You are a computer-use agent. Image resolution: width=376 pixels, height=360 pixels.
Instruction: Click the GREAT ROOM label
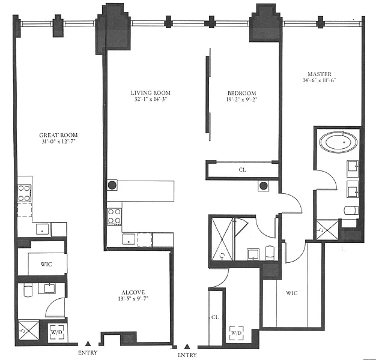point(58,135)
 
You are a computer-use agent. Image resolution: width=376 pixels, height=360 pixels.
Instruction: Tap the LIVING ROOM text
point(151,93)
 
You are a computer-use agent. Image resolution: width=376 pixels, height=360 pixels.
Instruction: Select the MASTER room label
point(320,74)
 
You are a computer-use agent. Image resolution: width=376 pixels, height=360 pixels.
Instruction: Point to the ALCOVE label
point(133,292)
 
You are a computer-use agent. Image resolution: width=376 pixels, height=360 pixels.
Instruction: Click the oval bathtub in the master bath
point(339,142)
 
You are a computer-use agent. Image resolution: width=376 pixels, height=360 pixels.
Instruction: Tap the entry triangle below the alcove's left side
point(88,344)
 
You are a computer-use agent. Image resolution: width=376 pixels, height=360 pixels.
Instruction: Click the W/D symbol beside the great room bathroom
point(57,332)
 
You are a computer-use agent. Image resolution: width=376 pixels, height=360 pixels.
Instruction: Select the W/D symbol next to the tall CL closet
point(237,333)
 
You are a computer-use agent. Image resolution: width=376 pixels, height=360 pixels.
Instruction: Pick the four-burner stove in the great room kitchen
point(24,193)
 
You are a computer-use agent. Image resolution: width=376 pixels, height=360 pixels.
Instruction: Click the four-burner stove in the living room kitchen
point(114,216)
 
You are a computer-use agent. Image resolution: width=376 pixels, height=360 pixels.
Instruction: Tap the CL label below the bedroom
point(243,170)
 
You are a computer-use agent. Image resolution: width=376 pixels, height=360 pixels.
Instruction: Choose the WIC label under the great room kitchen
point(46,264)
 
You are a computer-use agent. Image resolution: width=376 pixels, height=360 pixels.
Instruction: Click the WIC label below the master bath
point(292,293)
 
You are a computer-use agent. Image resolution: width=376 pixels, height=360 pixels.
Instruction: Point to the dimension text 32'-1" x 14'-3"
point(150,99)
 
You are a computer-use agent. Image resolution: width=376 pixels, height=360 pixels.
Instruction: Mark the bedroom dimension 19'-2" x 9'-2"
point(241,99)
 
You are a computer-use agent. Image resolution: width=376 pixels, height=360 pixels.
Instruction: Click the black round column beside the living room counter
point(112,185)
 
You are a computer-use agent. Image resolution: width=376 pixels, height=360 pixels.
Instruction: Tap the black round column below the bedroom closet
point(264,185)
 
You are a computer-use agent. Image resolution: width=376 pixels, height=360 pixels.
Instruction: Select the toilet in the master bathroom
point(351,210)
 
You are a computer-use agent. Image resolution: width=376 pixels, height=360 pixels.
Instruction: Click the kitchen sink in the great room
point(43,229)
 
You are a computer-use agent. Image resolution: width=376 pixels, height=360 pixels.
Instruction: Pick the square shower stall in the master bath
point(327,230)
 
